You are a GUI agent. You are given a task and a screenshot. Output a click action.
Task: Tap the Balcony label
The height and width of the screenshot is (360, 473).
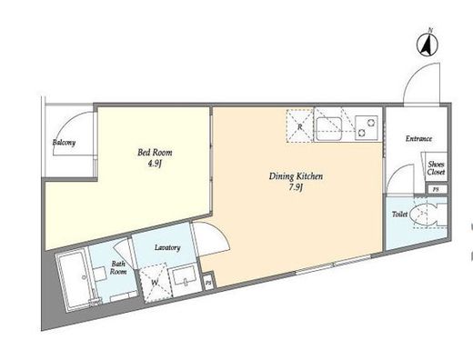click(x=64, y=142)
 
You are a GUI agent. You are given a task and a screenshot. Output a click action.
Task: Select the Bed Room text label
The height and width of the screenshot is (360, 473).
click(x=155, y=152)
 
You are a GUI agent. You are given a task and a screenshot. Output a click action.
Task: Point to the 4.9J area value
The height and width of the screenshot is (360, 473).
click(x=155, y=164)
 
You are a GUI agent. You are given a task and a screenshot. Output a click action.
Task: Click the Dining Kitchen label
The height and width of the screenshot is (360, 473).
click(x=296, y=176)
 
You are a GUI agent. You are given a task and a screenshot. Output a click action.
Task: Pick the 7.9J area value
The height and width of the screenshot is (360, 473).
click(x=297, y=188)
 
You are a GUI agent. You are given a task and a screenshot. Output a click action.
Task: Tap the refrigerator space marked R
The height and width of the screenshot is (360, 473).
click(x=299, y=125)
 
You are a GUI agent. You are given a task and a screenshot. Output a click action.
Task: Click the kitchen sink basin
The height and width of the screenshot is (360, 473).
click(x=329, y=128)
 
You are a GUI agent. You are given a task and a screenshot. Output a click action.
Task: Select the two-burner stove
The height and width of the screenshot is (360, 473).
click(x=367, y=127)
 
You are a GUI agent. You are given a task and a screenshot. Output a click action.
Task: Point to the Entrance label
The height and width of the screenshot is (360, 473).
click(x=418, y=139)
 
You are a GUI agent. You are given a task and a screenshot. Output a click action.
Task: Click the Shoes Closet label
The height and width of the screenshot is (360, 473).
click(x=436, y=168)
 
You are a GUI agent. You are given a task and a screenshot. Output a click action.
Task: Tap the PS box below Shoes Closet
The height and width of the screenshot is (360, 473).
click(x=436, y=190)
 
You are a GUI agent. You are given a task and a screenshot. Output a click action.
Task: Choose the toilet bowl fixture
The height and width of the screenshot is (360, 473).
click(x=423, y=215)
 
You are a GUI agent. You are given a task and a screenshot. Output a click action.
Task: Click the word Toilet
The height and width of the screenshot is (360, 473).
click(x=399, y=215)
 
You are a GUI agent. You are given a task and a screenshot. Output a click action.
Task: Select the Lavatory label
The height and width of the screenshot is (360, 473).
click(x=167, y=248)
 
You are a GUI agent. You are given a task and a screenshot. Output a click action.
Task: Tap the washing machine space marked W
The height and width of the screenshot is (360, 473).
click(x=156, y=283)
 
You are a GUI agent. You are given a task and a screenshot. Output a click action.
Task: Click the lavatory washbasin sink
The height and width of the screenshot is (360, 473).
click(x=185, y=276)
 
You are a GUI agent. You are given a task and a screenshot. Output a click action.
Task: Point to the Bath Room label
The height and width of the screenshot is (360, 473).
click(x=118, y=267)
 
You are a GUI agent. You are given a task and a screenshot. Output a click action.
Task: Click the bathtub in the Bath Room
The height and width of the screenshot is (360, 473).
click(x=75, y=280)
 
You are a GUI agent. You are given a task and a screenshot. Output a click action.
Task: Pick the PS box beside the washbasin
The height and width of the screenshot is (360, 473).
click(x=208, y=283)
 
